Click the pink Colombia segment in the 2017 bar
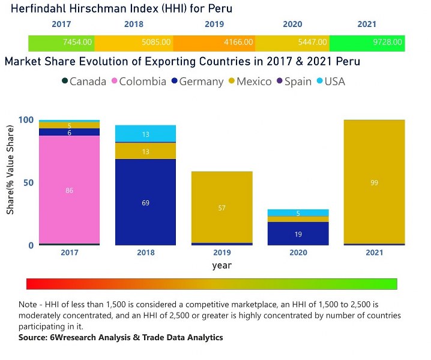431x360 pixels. (70, 190)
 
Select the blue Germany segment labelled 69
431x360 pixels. (145, 202)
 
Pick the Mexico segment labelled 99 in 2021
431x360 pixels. (374, 182)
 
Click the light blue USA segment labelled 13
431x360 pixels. (145, 134)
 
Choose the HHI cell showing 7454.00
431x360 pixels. (61, 43)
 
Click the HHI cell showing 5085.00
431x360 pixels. (133, 43)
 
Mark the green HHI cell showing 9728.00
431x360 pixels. (366, 43)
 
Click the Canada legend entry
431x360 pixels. (83, 81)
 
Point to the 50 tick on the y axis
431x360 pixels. (26, 182)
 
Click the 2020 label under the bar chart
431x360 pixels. (298, 253)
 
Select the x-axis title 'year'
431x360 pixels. (221, 265)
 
